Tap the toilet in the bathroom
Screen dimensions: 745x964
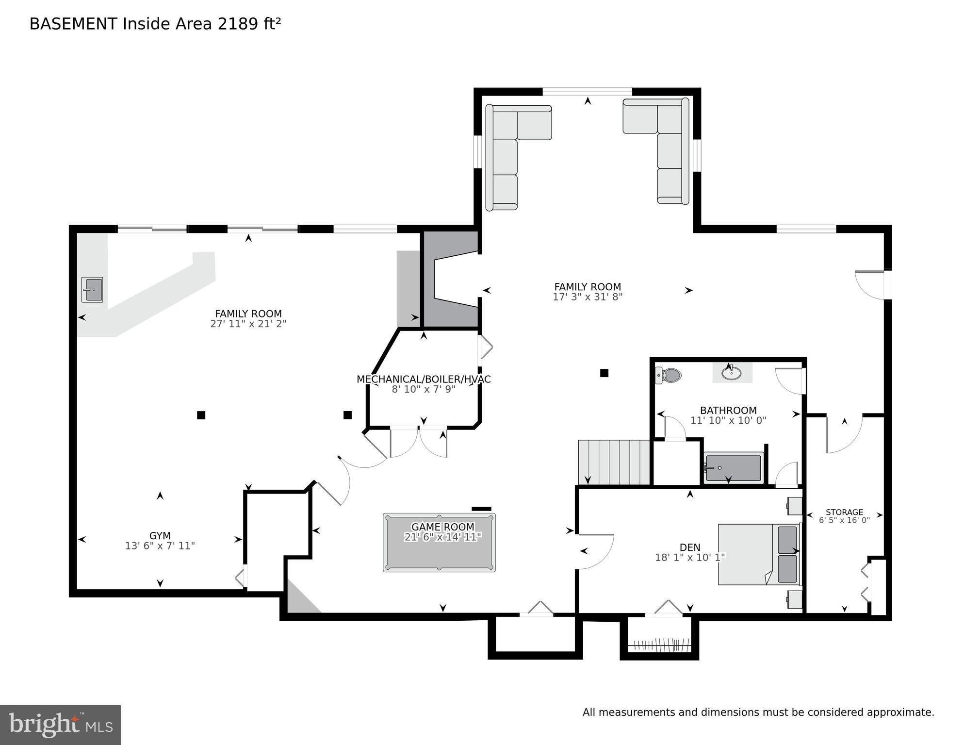[x=670, y=375]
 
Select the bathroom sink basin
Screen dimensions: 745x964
[x=731, y=373]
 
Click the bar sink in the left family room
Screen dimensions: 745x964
[x=92, y=290]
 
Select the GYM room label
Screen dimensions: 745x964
[x=160, y=535]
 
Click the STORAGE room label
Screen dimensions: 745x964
[x=844, y=512]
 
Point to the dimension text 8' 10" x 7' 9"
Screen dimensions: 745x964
[x=424, y=389]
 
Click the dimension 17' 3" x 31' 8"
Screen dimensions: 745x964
[x=588, y=297]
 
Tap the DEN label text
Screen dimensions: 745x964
[x=690, y=547]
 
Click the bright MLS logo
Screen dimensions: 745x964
[x=60, y=725]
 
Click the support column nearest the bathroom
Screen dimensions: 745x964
[x=604, y=373]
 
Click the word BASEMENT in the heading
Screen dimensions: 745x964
[x=73, y=24]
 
